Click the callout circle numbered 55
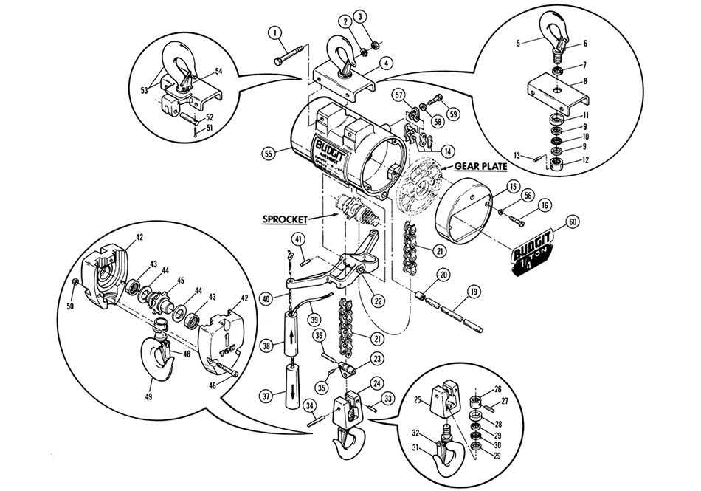(x=270, y=154)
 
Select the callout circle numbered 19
(x=472, y=291)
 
